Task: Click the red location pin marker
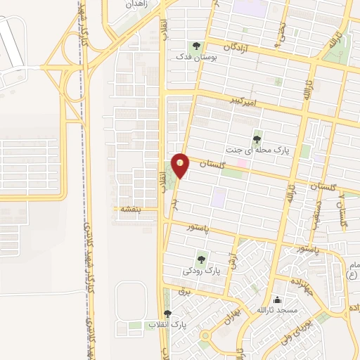(x=181, y=165)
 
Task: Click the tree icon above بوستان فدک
(x=206, y=44)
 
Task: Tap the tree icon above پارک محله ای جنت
(x=257, y=139)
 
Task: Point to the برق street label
(x=184, y=290)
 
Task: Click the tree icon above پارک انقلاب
(x=167, y=314)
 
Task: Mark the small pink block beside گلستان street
(x=242, y=163)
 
